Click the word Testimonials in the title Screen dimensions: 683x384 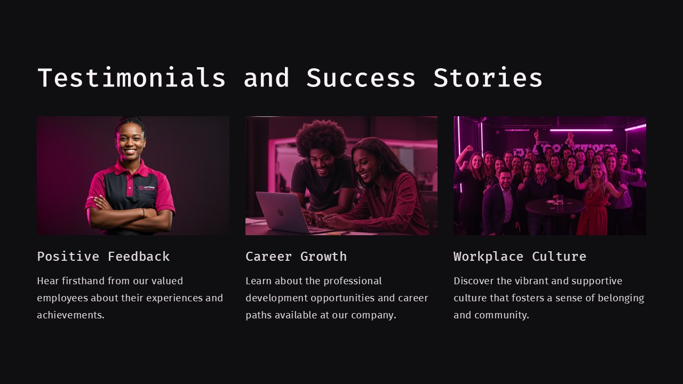(131, 78)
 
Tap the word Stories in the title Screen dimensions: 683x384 (488, 78)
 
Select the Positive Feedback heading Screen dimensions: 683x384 (104, 257)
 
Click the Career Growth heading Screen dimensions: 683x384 (296, 257)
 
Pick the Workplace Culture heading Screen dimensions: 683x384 (520, 257)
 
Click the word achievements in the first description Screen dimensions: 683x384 (71, 315)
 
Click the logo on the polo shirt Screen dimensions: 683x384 (147, 188)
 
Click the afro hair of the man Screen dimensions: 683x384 (321, 137)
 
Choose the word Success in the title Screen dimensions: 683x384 (361, 78)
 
